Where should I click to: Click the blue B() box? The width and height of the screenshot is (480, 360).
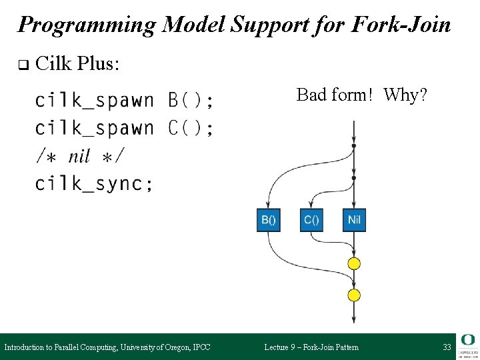pyautogui.click(x=269, y=220)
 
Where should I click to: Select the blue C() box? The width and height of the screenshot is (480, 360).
pyautogui.click(x=311, y=220)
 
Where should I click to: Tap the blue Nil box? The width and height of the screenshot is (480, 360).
pyautogui.click(x=354, y=220)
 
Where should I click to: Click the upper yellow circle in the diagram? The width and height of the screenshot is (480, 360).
pyautogui.click(x=354, y=263)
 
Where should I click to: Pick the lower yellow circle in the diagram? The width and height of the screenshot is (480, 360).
pyautogui.click(x=354, y=295)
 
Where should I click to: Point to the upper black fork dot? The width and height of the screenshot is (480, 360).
pyautogui.click(x=354, y=146)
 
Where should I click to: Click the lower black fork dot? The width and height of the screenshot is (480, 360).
pyautogui.click(x=354, y=178)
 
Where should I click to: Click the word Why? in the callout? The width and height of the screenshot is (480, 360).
pyautogui.click(x=405, y=95)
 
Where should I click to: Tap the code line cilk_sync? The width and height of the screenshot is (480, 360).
pyautogui.click(x=94, y=183)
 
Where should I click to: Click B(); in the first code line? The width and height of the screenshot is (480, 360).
pyautogui.click(x=191, y=101)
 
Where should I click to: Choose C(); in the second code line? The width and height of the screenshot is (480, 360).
pyautogui.click(x=191, y=128)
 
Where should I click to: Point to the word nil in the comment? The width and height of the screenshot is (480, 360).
pyautogui.click(x=80, y=156)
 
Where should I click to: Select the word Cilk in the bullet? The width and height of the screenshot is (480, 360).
pyautogui.click(x=53, y=64)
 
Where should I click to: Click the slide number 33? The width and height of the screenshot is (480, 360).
pyautogui.click(x=447, y=347)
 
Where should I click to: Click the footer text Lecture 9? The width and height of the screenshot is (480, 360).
pyautogui.click(x=285, y=347)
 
